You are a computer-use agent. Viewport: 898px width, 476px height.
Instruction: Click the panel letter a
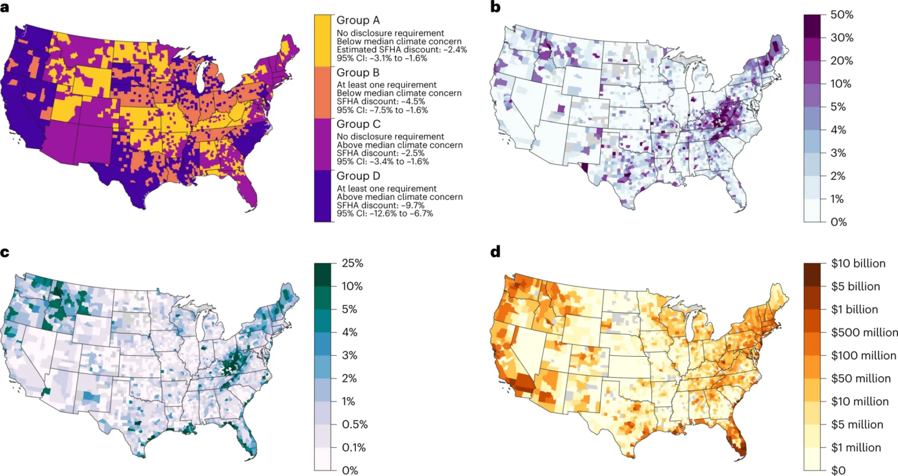(4, 7)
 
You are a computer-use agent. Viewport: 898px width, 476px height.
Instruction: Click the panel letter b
(495, 7)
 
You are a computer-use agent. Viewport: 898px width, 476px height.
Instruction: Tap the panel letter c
(4, 252)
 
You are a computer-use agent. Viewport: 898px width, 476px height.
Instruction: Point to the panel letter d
(495, 251)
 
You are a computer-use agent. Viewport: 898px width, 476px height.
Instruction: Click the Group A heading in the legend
(358, 20)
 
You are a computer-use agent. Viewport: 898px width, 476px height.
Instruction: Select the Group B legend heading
(358, 73)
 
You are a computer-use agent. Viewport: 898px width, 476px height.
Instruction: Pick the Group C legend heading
(358, 124)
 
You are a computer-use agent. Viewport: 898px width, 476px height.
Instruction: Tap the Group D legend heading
(358, 176)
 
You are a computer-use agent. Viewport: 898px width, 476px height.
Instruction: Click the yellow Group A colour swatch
(323, 40)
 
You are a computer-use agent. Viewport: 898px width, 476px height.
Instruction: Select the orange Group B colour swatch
(323, 92)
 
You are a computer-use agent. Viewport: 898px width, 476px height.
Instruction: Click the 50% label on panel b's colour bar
(842, 15)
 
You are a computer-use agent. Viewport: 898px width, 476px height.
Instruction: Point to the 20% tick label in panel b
(842, 61)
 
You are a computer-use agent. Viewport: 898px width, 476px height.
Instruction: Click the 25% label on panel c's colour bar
(352, 263)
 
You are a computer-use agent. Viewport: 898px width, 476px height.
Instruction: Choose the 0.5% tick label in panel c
(355, 425)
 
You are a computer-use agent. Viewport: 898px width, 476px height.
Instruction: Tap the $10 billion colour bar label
(858, 263)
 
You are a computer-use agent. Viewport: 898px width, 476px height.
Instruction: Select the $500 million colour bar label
(864, 332)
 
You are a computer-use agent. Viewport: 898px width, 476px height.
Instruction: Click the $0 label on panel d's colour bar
(838, 470)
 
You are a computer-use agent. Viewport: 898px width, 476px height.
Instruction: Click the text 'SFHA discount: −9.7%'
(381, 205)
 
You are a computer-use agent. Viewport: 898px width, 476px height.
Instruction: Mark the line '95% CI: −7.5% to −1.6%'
(382, 110)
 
